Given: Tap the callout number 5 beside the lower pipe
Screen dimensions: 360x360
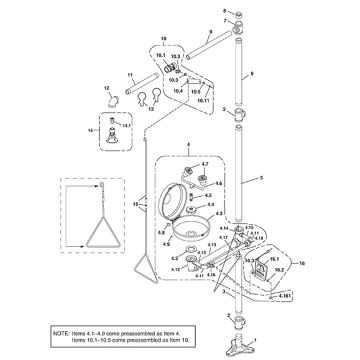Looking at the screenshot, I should pyautogui.click(x=263, y=176).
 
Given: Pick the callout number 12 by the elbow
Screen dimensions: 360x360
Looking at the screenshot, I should pyautogui.click(x=108, y=89).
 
